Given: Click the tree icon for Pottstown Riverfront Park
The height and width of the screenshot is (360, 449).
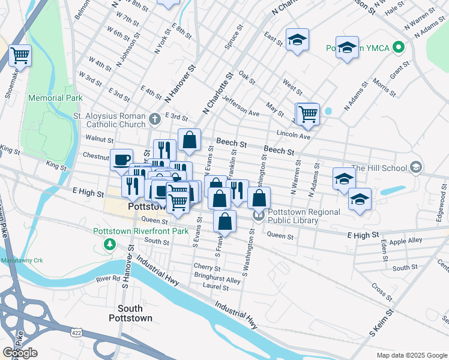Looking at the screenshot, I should point(109,244).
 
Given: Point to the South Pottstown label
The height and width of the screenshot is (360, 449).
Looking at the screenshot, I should point(130,313).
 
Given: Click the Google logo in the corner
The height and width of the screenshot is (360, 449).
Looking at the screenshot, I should point(19,353).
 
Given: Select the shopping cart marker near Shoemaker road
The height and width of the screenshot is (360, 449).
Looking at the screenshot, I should point(20,56).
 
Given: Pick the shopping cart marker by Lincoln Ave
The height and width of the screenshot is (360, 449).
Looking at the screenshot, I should point(307,113).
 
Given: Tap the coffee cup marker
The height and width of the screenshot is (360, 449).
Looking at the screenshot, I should point(122,159).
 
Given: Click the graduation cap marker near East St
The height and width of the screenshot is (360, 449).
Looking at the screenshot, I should point(297,40).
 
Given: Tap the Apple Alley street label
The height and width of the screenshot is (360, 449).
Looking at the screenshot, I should point(406,241).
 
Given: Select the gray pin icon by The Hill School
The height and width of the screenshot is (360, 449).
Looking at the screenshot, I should point(415,168).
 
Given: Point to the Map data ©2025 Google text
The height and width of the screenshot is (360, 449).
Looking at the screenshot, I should point(411,355).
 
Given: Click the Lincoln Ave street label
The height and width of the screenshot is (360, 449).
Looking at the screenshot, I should point(293,135).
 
